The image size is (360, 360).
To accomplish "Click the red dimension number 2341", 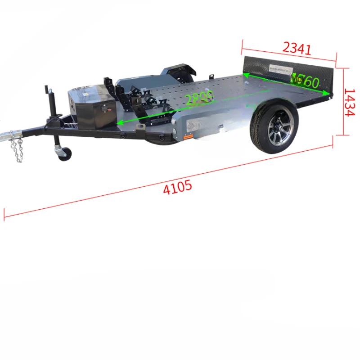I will pos(297,47).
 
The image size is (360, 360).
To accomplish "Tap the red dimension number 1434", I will pos(351,102).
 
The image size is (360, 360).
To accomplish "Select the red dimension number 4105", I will pos(177,187).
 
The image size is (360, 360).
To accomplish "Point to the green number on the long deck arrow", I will pos(198,100).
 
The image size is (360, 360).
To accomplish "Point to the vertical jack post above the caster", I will pos(50,103).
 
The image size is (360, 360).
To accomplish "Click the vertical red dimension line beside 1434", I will pos(343,101).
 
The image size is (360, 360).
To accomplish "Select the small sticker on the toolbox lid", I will pos(85,90).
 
